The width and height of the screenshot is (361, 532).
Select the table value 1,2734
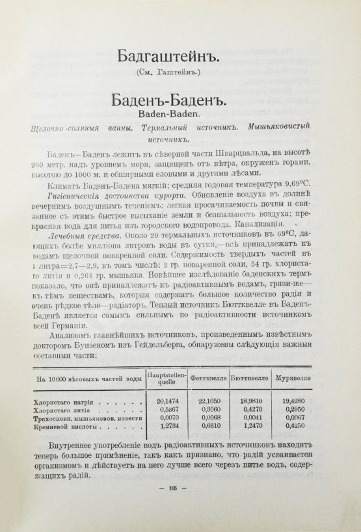[x=168, y=429]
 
